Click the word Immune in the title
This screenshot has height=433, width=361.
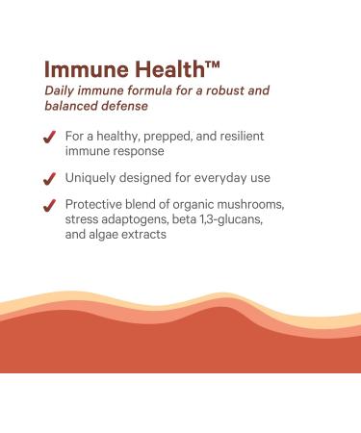pos(80,70)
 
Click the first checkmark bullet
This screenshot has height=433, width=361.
pos(49,138)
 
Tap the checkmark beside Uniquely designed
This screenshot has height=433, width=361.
pos(49,178)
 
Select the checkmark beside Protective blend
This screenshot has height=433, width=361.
pos(49,205)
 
